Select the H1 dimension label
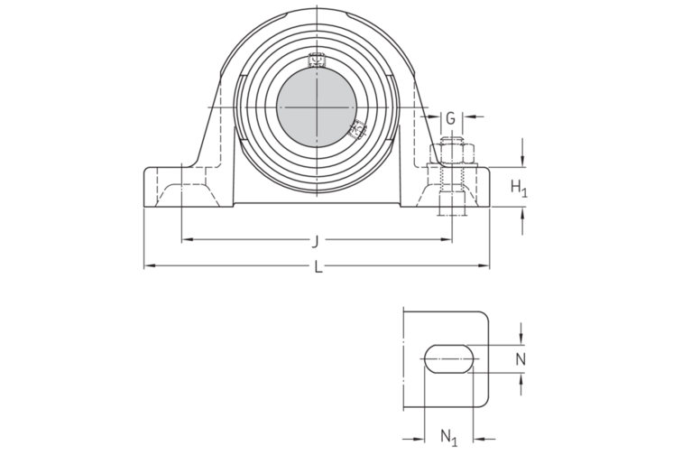coord(519,188)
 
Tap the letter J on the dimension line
coord(315,240)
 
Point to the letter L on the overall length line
coord(317,266)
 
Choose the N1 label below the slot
coord(448,437)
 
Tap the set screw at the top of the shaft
coord(316,61)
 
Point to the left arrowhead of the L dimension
coord(149,266)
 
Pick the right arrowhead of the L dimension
coord(484,266)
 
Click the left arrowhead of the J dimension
coord(185,240)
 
